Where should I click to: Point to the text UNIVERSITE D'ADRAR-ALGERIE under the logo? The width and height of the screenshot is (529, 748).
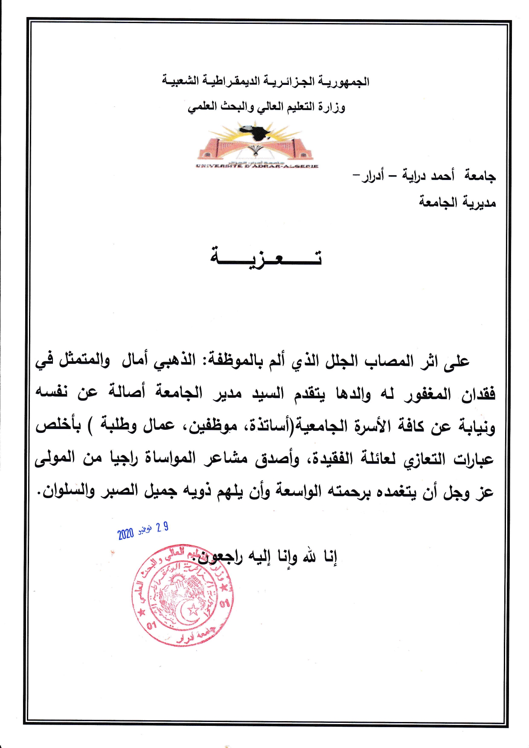click(257, 166)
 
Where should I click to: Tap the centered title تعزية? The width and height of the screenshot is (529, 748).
click(266, 257)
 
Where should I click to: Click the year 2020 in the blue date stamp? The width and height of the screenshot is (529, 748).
click(126, 533)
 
